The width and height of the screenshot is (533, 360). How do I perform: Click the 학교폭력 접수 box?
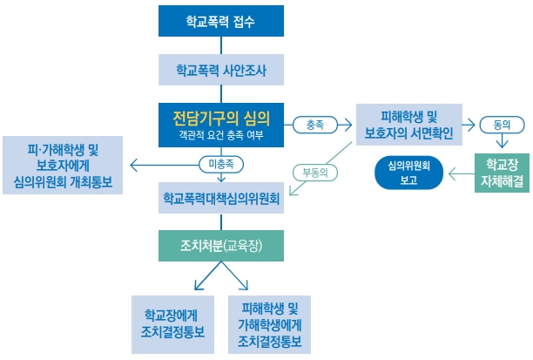[220, 21]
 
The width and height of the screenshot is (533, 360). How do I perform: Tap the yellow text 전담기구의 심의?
[220, 117]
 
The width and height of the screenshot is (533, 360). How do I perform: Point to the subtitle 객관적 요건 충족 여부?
[220, 134]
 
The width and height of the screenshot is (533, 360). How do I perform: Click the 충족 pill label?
[314, 125]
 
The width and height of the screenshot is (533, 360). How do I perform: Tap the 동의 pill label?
[499, 125]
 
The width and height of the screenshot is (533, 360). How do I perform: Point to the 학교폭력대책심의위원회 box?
[220, 198]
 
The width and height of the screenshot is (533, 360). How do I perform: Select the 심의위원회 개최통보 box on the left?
[64, 165]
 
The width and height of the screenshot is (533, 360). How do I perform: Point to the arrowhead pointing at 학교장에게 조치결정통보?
[196, 285]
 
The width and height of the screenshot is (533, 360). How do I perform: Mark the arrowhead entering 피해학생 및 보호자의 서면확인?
[352, 125]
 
